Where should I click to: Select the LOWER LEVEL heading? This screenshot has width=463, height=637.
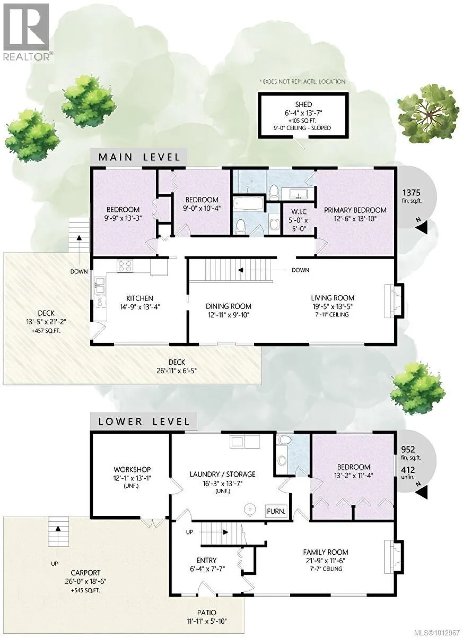click(143, 421)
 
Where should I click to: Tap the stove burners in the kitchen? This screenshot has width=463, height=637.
click(125, 266)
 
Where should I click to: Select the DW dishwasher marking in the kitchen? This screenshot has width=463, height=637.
click(99, 300)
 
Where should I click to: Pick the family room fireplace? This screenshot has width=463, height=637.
click(392, 556)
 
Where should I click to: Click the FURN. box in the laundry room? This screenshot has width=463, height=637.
click(276, 512)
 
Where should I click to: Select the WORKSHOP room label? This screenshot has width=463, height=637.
click(132, 470)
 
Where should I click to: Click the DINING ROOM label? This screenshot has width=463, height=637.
click(229, 306)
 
